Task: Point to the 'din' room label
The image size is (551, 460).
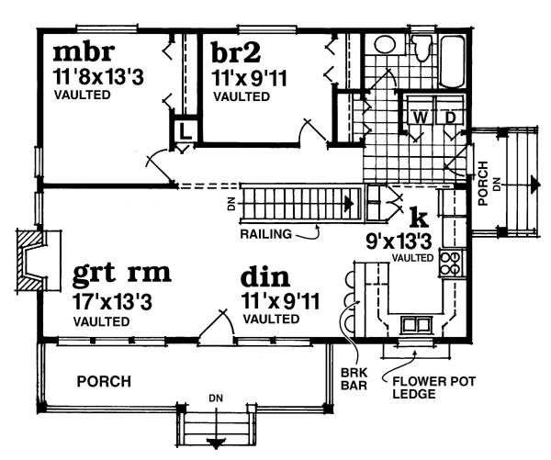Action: pos(265,276)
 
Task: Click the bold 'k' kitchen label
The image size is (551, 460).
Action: pos(419,217)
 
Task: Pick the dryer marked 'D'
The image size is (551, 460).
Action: pos(451,118)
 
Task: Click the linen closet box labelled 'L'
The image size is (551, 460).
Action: pos(185,130)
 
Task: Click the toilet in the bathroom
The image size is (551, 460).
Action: pos(423,49)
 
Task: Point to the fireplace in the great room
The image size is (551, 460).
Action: pos(33,262)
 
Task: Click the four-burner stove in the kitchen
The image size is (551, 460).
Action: pos(451,264)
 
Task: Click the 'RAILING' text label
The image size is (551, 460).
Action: pos(265,234)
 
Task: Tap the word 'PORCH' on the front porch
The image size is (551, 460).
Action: pos(103,381)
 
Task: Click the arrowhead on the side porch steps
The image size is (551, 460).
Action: pos(534,185)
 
